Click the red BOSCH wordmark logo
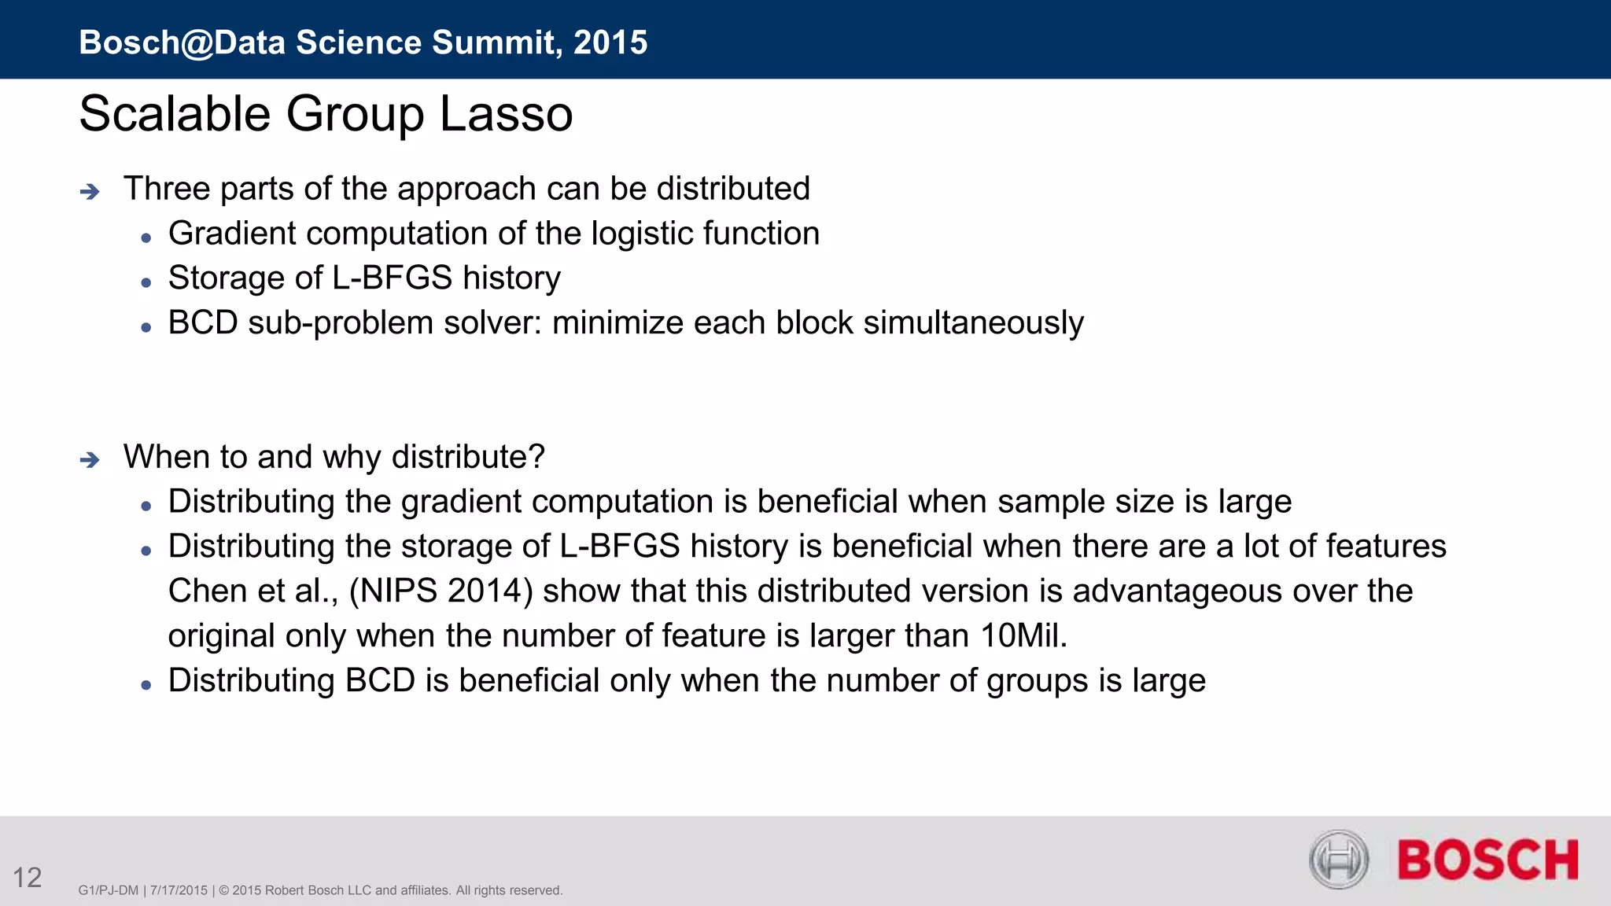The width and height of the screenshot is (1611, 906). [1488, 860]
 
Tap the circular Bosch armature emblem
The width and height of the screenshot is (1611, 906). [1339, 860]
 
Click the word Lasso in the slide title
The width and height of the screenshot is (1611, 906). [506, 114]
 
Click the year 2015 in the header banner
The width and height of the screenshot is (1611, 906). [610, 42]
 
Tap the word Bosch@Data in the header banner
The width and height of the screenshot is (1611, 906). [182, 42]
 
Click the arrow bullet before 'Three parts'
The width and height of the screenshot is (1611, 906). [90, 191]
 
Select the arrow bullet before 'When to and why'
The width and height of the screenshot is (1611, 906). [90, 459]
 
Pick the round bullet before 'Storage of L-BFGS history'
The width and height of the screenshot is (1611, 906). [146, 282]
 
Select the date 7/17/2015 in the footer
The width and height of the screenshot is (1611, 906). [179, 890]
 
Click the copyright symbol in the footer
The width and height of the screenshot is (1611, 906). [223, 890]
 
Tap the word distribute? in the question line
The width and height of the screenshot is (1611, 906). [468, 457]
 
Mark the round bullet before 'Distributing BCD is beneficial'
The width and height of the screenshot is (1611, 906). [146, 685]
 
